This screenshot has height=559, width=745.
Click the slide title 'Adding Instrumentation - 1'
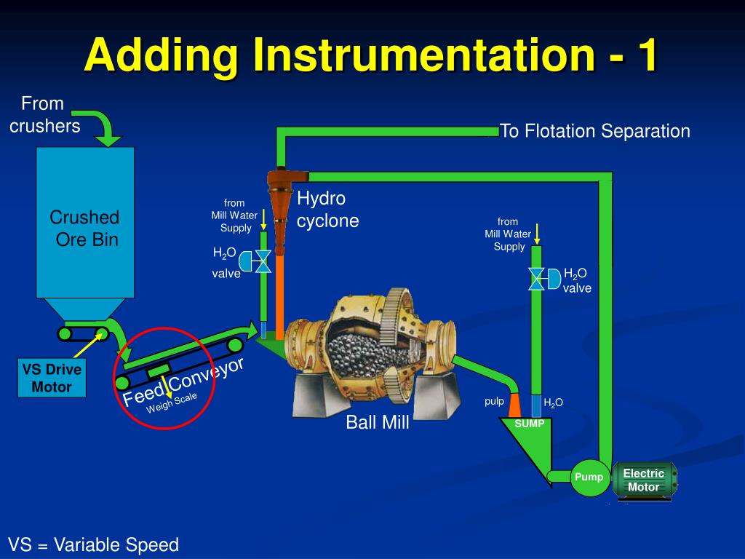tap(371, 56)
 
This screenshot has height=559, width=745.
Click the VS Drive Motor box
tap(52, 378)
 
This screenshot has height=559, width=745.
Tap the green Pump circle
tap(589, 477)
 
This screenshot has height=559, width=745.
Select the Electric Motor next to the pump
tap(644, 480)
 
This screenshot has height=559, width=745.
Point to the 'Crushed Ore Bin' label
tap(84, 228)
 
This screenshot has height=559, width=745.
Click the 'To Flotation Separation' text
tap(594, 131)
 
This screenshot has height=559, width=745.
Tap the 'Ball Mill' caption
tap(378, 422)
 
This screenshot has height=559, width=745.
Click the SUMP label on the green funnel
tap(529, 424)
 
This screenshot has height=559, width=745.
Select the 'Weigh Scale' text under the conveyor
tap(172, 402)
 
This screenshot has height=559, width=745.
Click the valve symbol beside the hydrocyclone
tap(263, 261)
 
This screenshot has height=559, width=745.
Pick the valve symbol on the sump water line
tap(537, 278)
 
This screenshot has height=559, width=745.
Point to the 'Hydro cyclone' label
tap(327, 210)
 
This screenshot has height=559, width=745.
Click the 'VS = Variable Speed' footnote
tap(93, 544)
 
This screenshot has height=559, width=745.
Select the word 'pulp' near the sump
tap(494, 401)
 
